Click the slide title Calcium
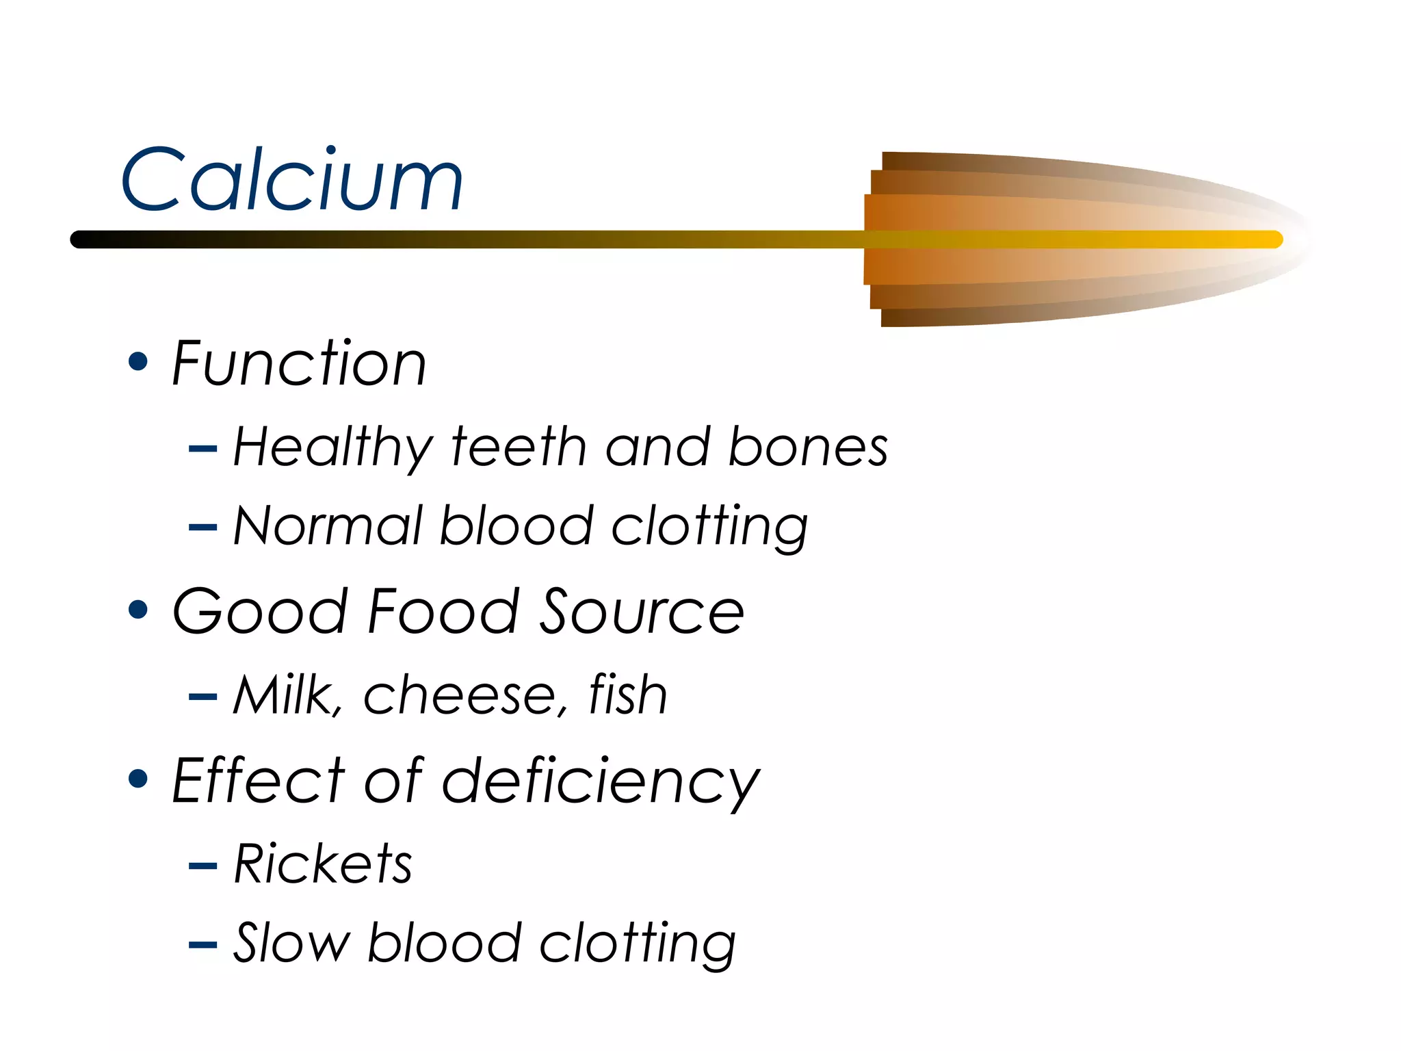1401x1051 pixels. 292,179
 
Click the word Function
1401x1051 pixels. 299,363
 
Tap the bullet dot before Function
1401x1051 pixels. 138,361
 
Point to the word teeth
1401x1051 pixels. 519,447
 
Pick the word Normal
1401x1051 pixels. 328,526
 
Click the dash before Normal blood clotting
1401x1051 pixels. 202,528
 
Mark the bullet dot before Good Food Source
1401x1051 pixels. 138,610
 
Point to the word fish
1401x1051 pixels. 628,695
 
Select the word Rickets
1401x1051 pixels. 323,864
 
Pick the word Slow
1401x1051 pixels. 291,943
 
